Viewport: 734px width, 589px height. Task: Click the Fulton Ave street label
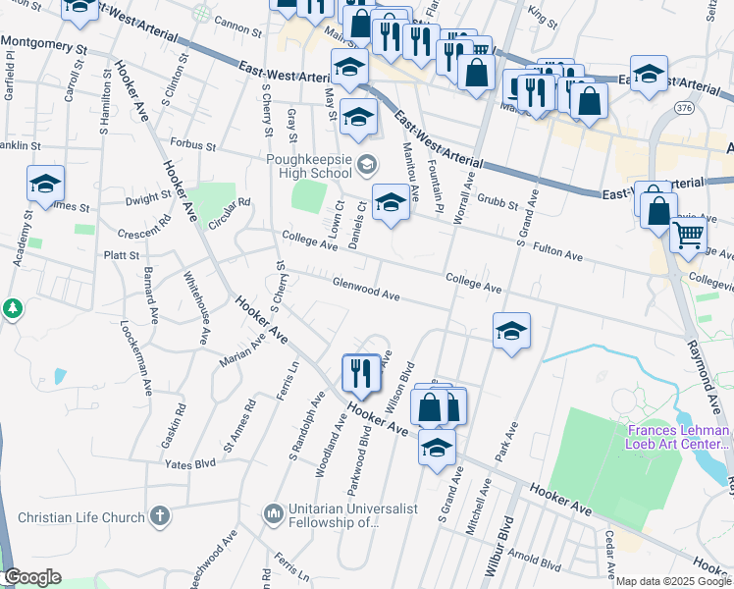(x=557, y=253)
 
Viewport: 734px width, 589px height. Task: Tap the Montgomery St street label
(x=44, y=45)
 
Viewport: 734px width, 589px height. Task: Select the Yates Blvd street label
(x=189, y=462)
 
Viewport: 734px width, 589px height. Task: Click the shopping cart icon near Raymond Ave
(x=688, y=235)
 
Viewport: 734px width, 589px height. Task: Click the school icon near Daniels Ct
(x=391, y=203)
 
